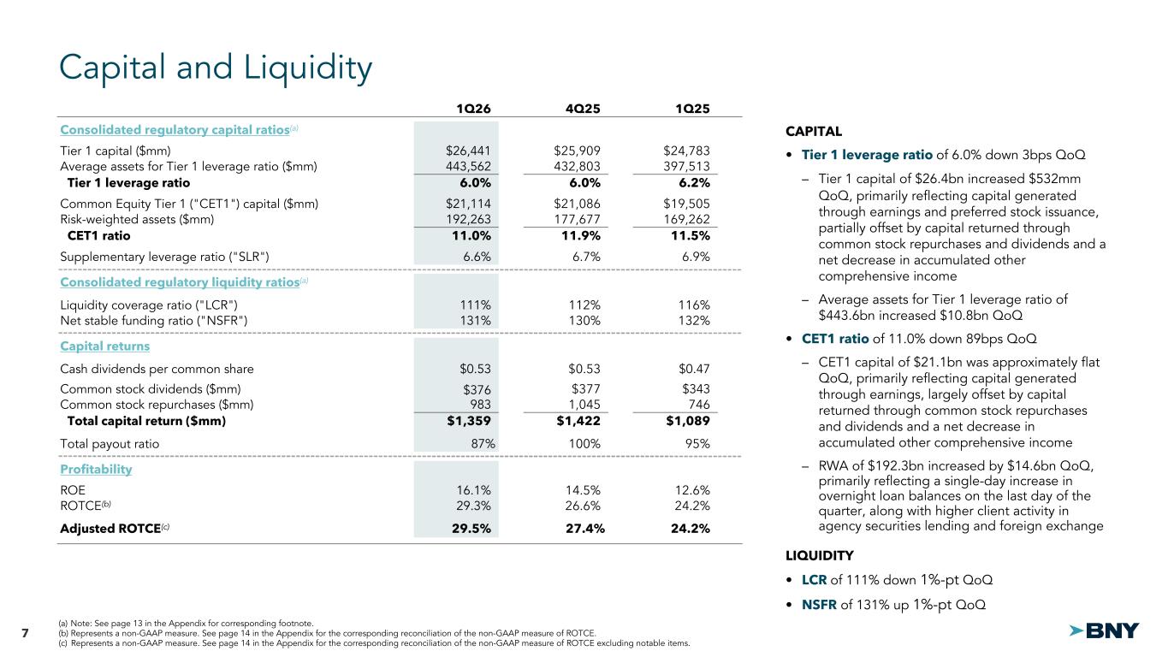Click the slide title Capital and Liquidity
[216, 68]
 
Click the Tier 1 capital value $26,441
[468, 150]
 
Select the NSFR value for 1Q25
[692, 320]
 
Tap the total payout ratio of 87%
[477, 444]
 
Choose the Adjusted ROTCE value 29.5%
[471, 528]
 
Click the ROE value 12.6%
[692, 490]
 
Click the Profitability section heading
[96, 470]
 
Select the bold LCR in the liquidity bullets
[814, 580]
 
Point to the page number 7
[25, 633]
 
